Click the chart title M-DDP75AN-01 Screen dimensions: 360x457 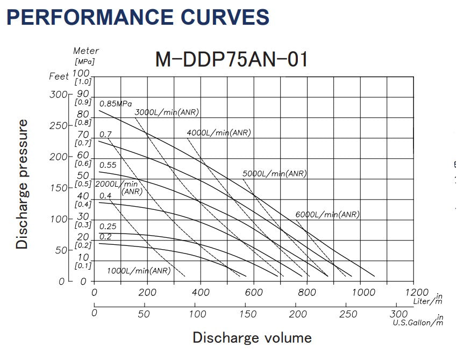click(232, 59)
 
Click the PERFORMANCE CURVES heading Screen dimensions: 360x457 click(138, 17)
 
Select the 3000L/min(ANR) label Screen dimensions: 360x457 click(167, 112)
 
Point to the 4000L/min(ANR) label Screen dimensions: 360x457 click(219, 132)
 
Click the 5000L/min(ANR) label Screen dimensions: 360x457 click(274, 173)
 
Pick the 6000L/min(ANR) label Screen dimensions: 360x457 click(327, 214)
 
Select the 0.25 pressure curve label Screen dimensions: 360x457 click(108, 226)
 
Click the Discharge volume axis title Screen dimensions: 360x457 click(252, 338)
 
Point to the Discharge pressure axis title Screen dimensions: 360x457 click(22, 184)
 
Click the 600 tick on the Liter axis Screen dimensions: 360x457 click(254, 293)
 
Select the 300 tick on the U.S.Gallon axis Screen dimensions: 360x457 click(399, 314)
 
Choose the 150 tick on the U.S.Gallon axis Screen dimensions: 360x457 click(246, 314)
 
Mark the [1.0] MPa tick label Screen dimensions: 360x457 click(83, 81)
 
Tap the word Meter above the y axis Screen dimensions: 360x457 click(86, 51)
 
